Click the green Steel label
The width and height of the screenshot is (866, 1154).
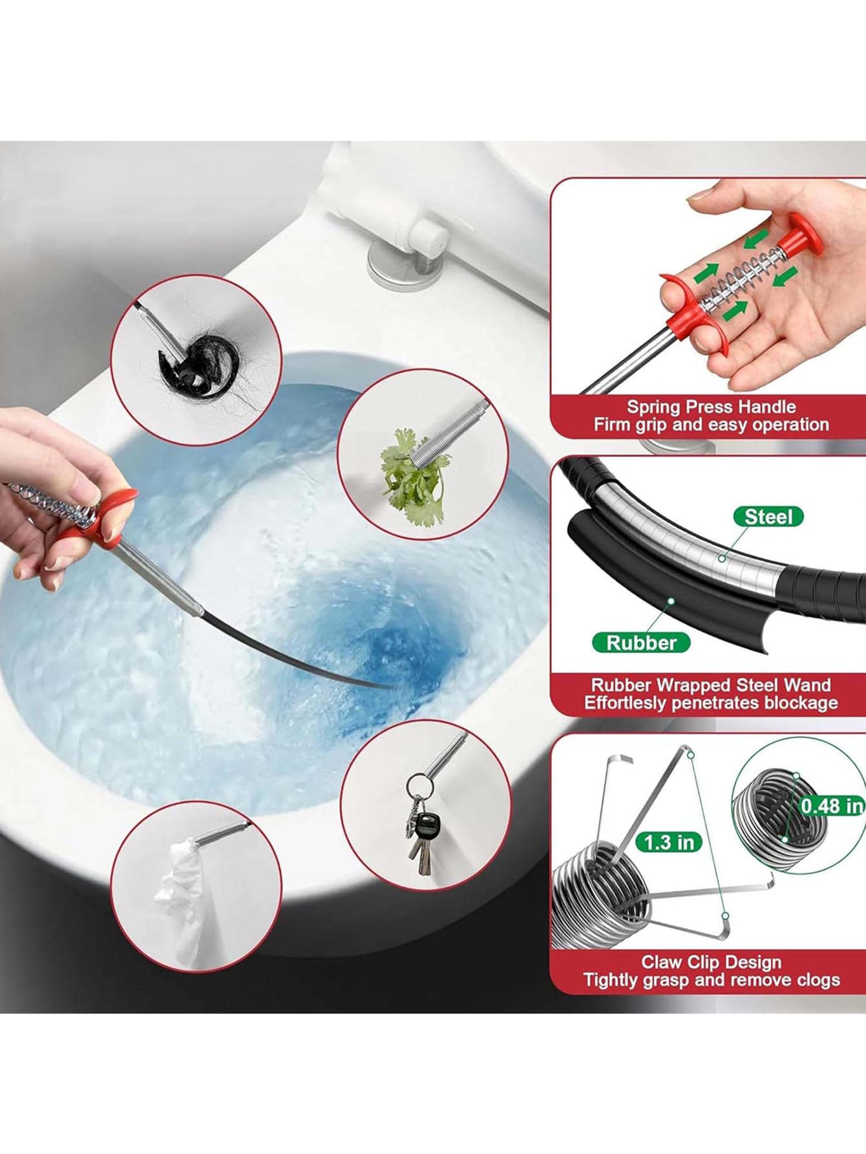coord(768,517)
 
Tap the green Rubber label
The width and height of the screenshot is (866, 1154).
coord(641,643)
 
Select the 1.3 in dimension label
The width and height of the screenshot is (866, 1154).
coord(669,842)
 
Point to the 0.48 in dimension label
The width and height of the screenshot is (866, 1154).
coord(832,806)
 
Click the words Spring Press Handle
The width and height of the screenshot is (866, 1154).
coord(711,407)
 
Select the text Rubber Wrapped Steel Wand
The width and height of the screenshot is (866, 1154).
coord(711,685)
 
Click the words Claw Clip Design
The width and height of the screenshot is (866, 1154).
coord(711,962)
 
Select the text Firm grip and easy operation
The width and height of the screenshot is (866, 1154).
coord(711,425)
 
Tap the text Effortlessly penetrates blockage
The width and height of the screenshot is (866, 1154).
coord(711,703)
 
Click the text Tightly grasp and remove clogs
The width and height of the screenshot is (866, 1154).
coord(711,980)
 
